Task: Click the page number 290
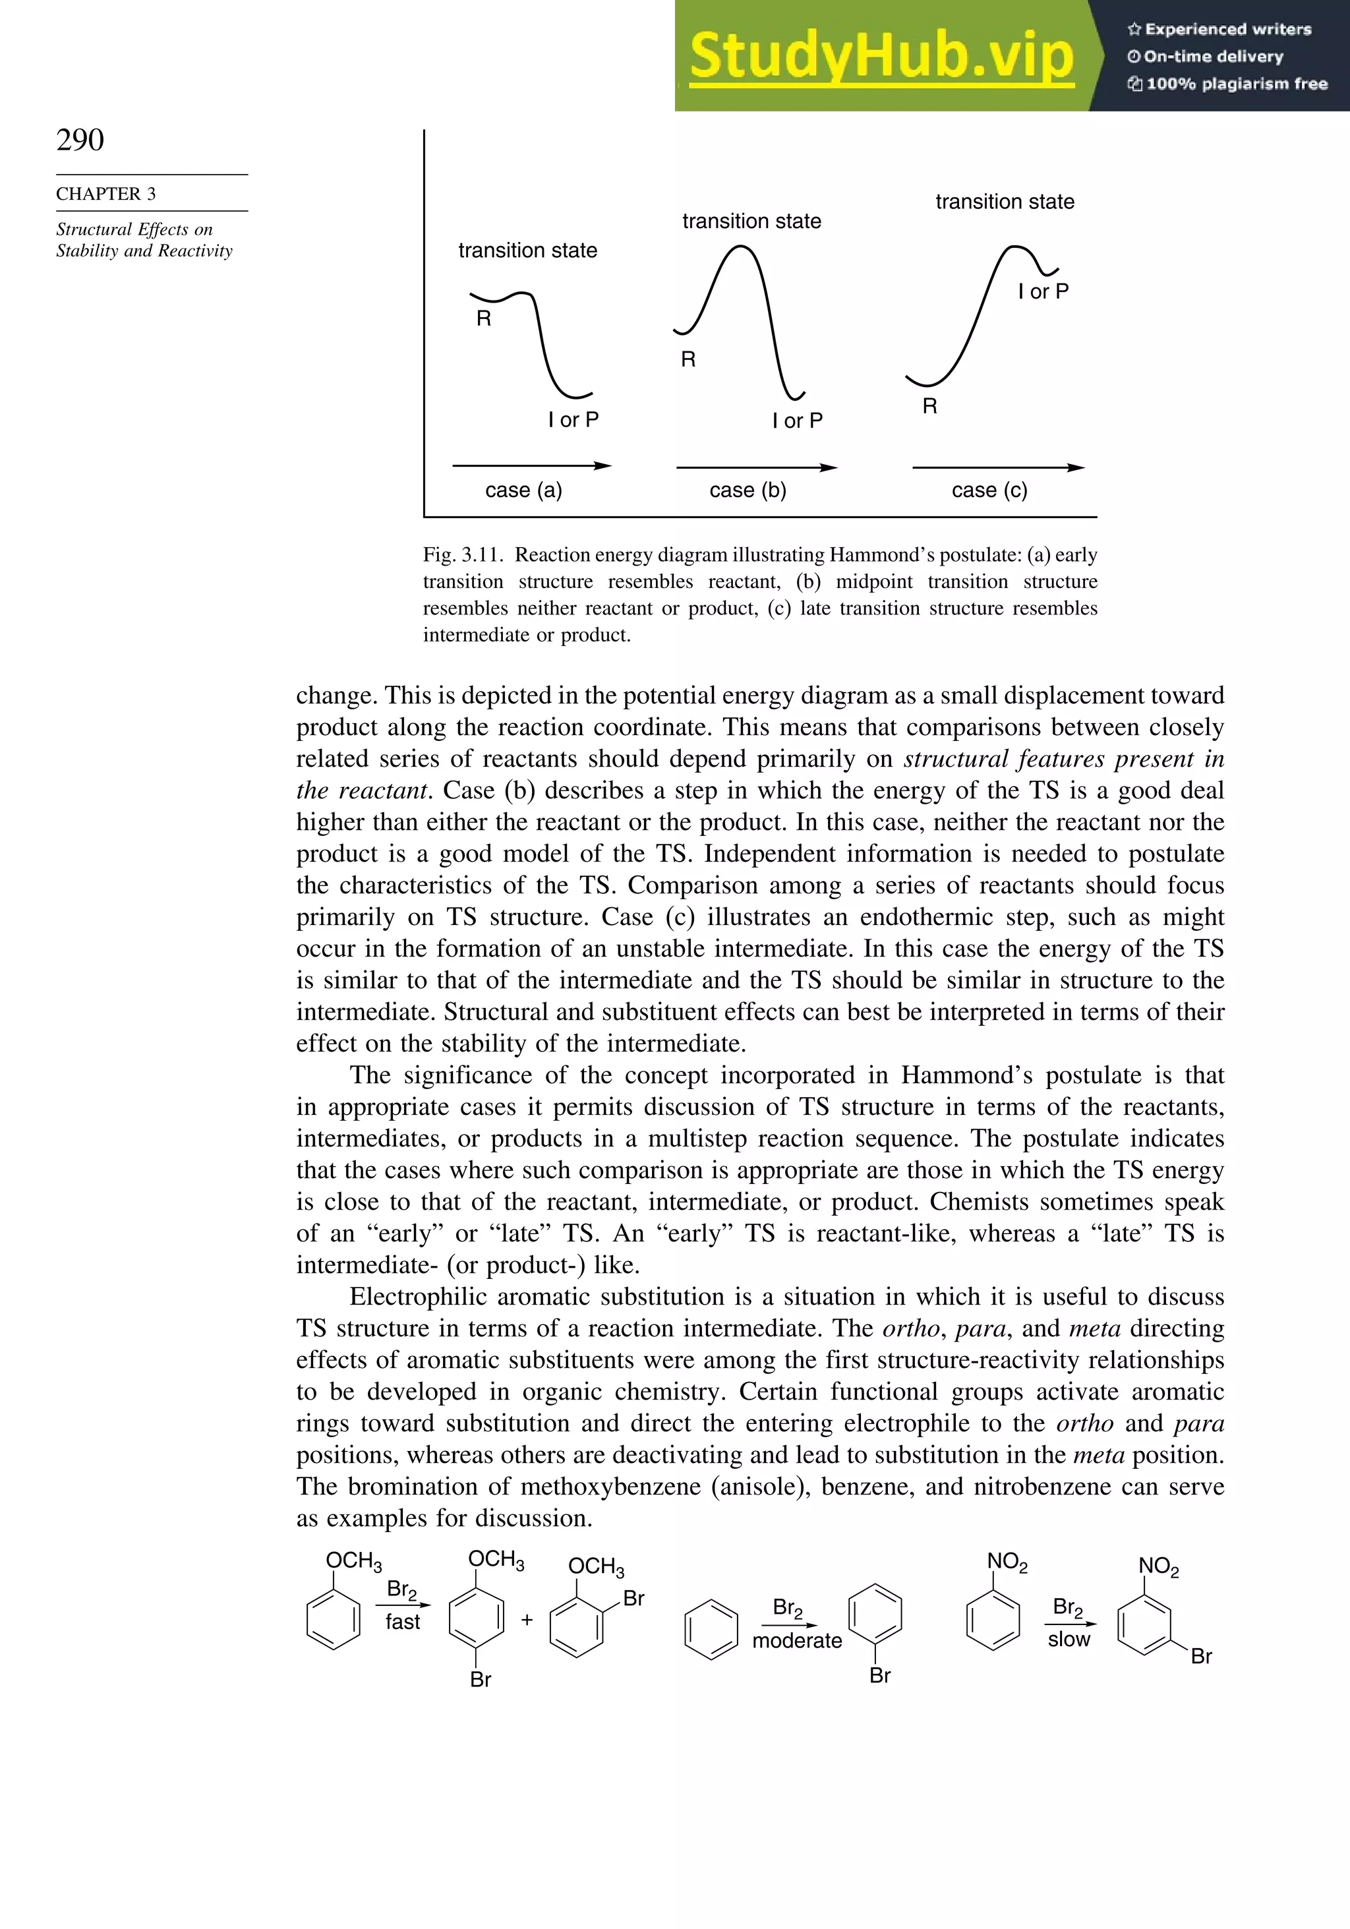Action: pyautogui.click(x=80, y=140)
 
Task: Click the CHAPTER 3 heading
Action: pyautogui.click(x=106, y=194)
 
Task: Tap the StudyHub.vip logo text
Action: pyautogui.click(x=881, y=56)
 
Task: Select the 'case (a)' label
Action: pyautogui.click(x=523, y=490)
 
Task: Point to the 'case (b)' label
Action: pyautogui.click(x=748, y=490)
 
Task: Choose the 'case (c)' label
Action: pyautogui.click(x=989, y=490)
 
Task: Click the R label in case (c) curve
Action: pyautogui.click(x=929, y=407)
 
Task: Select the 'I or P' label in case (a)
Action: pyautogui.click(x=573, y=419)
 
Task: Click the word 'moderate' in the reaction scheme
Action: pyautogui.click(x=796, y=1640)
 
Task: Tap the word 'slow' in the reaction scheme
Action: pyautogui.click(x=1069, y=1638)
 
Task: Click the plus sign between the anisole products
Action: pyautogui.click(x=527, y=1620)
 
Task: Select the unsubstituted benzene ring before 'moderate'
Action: pyautogui.click(x=711, y=1629)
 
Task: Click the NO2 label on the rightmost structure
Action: pyautogui.click(x=1158, y=1567)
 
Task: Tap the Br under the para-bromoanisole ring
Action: pyautogui.click(x=481, y=1680)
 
